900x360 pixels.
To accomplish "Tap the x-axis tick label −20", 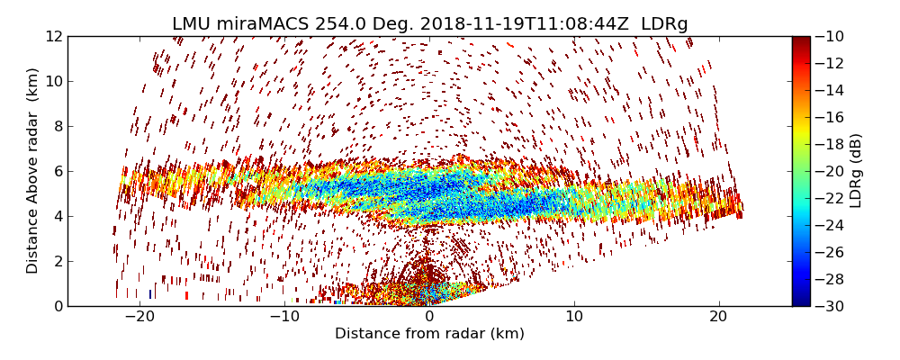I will (x=139, y=318).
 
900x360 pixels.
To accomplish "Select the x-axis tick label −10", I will (x=284, y=318).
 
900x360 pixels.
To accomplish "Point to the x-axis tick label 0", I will (x=429, y=318).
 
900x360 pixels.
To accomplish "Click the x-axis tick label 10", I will (x=574, y=318).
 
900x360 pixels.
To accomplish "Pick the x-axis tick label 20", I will (x=718, y=318).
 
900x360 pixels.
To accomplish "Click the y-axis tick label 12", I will (x=52, y=36).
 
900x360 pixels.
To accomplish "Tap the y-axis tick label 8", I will (x=57, y=126).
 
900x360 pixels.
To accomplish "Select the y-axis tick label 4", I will (x=57, y=216).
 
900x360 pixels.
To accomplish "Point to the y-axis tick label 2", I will (x=57, y=261).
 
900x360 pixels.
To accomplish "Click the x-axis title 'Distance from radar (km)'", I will (x=429, y=334).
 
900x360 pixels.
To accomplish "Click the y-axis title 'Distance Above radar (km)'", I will (x=33, y=171).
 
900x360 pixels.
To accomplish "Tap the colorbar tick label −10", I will (x=830, y=36).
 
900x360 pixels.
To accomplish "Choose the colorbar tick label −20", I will (x=830, y=171).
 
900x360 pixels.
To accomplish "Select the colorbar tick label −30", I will (x=830, y=306).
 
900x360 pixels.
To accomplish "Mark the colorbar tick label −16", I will (x=830, y=117).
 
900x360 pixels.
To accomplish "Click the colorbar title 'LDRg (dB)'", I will (x=856, y=171).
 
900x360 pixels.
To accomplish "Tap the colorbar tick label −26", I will (x=830, y=252).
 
